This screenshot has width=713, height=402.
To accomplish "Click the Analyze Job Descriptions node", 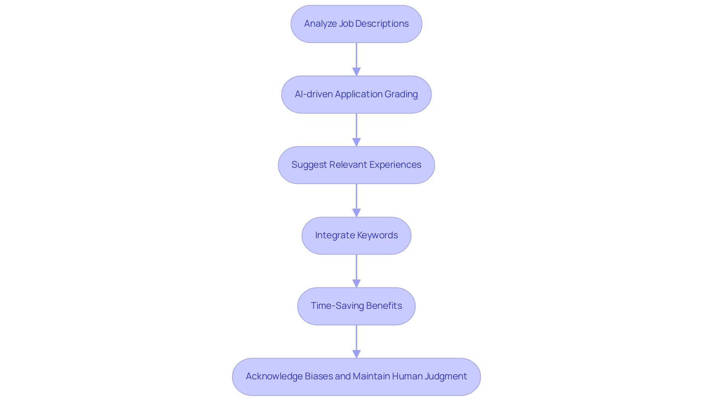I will pos(356,24).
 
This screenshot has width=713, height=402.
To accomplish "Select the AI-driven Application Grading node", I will pos(356,94).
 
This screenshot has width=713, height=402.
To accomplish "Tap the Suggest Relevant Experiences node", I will pos(356,165).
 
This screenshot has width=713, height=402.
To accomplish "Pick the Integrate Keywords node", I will pos(356,235).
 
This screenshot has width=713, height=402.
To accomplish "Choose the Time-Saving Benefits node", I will pos(356,306).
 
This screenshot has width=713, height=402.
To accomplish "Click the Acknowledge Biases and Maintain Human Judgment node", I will pos(356,376).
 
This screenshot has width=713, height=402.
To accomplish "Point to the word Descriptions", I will pos(382,24).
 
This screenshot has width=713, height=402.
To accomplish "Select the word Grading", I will pos(401,94).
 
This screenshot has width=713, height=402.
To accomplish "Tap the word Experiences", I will pos(395,165).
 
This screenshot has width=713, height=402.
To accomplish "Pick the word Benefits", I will pos(384,306).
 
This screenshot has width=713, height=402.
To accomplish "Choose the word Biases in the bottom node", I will pos(318,376).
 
